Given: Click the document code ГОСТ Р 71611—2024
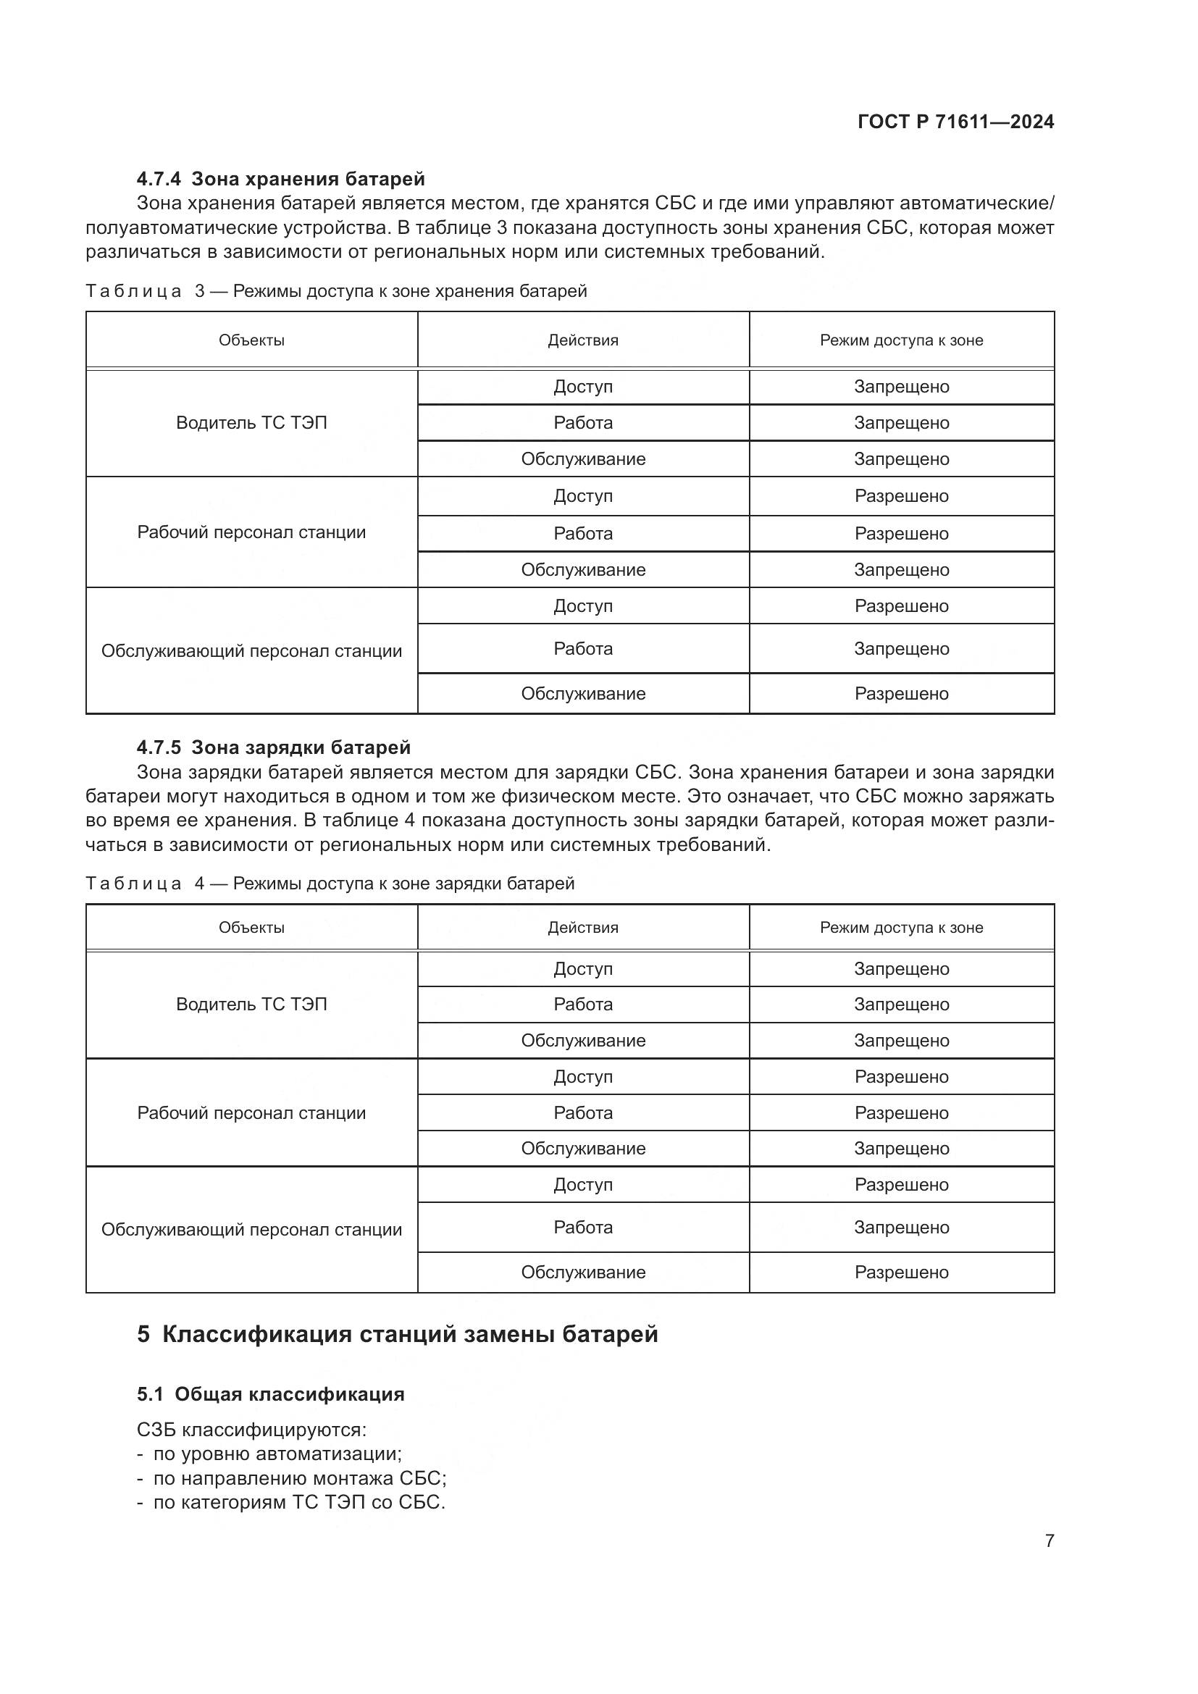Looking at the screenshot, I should pos(955,122).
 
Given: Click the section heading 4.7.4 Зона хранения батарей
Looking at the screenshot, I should pos(280,179).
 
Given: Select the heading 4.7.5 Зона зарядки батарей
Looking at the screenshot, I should pos(273,747).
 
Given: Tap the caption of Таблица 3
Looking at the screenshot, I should pos(336,290).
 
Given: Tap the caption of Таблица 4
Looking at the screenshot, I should pos(330,883).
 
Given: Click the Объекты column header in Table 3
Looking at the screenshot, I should pos(251,340).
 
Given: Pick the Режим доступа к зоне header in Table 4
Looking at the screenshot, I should pos(902,928).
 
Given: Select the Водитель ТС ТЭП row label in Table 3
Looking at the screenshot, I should pos(251,423).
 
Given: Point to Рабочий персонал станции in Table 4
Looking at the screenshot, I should pos(251,1112).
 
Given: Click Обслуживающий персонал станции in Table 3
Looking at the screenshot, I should pos(251,651).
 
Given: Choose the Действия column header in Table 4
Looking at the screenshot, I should pos(583,928).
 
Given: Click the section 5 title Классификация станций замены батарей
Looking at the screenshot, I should pos(398,1334).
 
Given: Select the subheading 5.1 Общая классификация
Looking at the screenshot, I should pos(271,1393).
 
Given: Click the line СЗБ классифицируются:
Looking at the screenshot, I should pos(251,1430).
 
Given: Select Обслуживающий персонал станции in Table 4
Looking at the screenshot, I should pos(251,1229).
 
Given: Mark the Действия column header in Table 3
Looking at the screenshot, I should pos(583,340).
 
